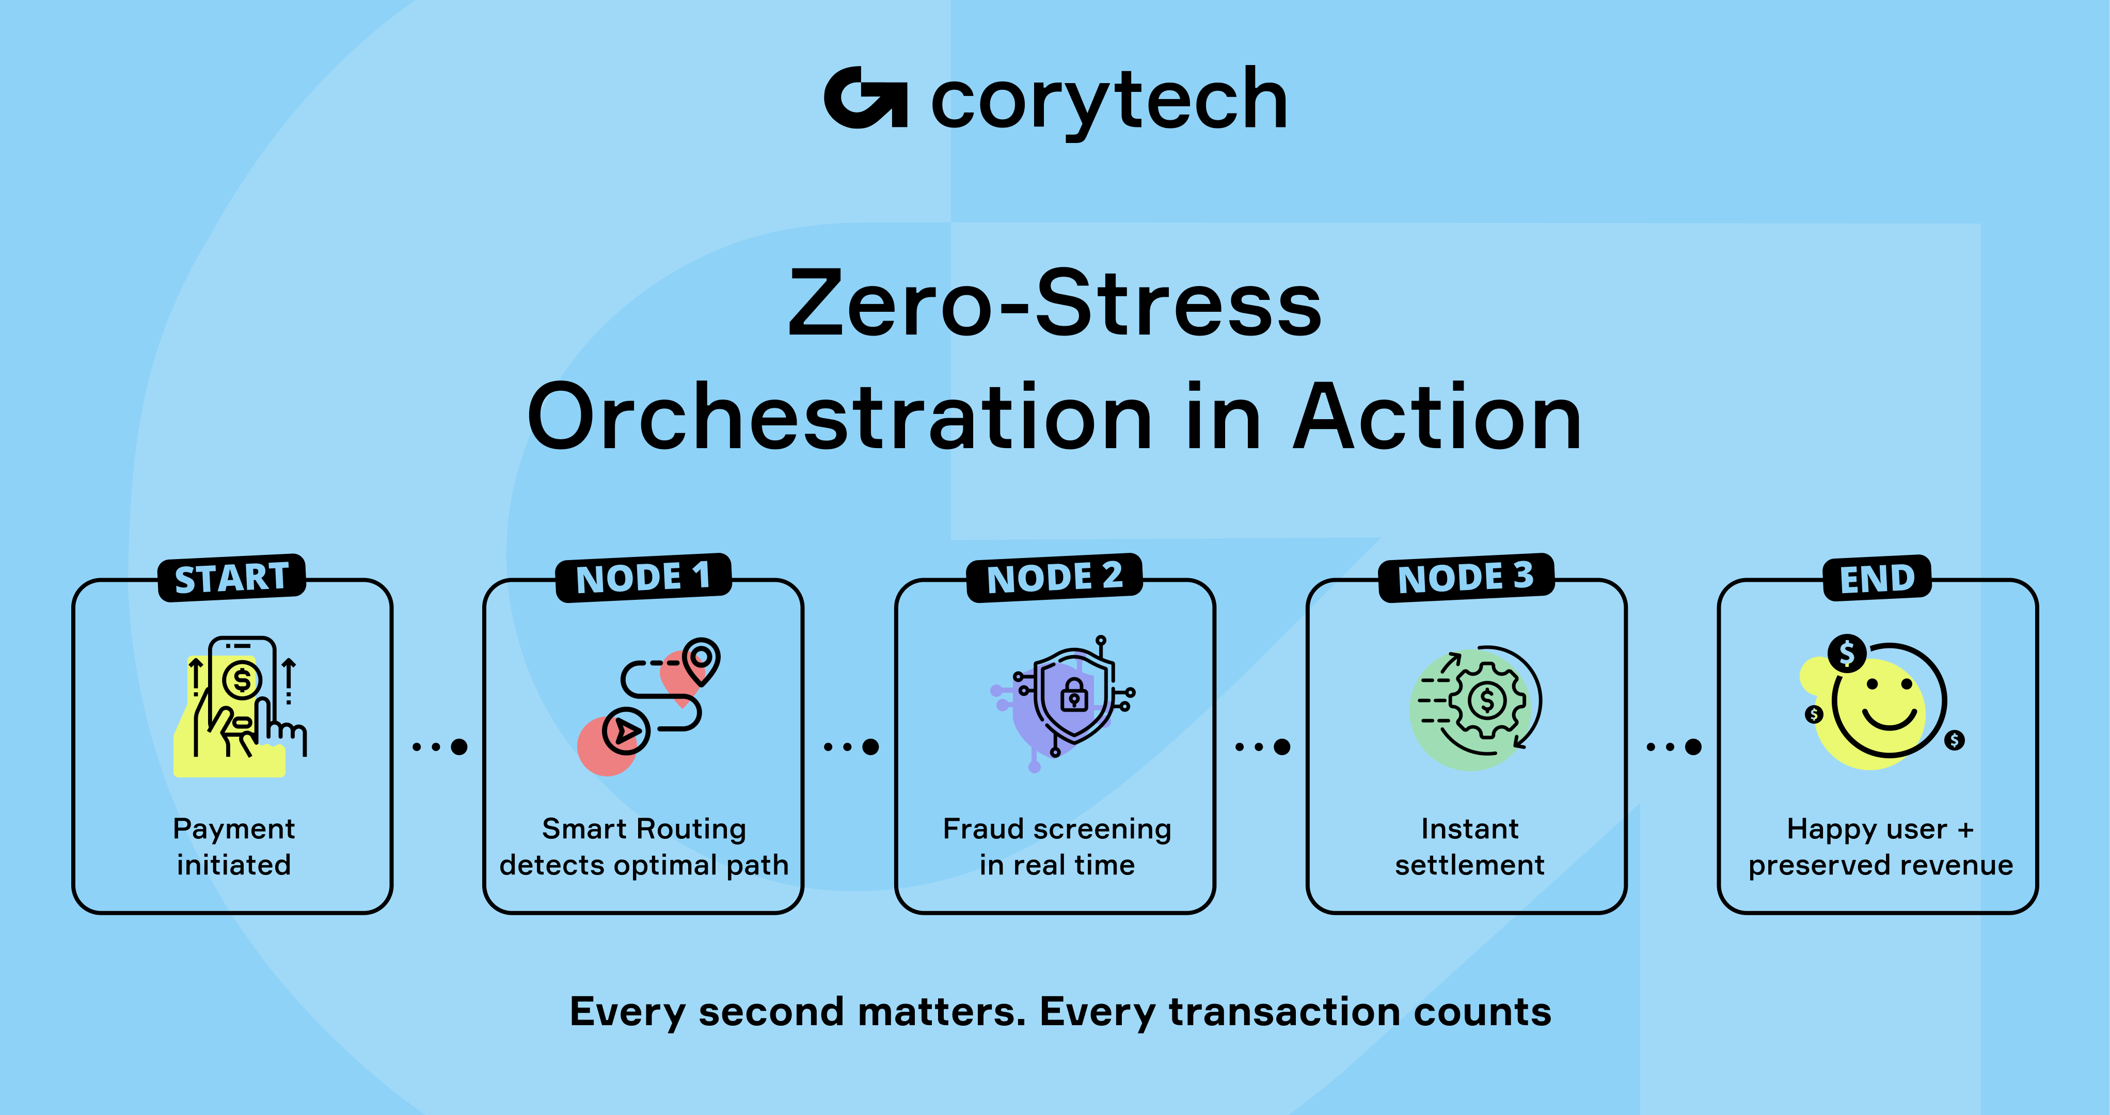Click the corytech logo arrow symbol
866,98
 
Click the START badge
232,578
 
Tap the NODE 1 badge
643,578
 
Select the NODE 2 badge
1055,578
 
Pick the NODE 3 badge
1466,578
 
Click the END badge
1877,578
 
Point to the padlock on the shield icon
1074,695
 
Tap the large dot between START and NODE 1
459,746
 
